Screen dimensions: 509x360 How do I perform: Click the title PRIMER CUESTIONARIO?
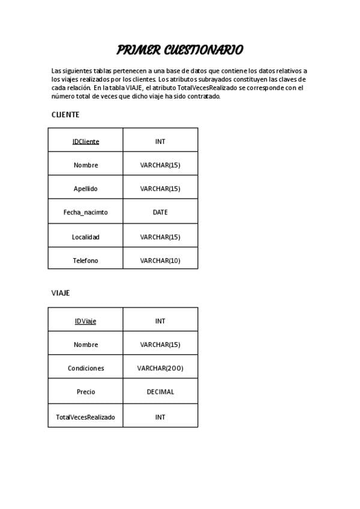(x=179, y=50)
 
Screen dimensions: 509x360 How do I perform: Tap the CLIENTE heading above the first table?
(x=65, y=115)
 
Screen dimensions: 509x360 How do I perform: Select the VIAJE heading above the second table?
(x=61, y=293)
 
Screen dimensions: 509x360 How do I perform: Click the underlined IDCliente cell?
(x=86, y=142)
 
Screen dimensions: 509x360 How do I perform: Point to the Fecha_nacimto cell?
(x=86, y=212)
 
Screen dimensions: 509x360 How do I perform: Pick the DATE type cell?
(x=160, y=212)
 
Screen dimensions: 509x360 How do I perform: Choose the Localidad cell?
(x=86, y=237)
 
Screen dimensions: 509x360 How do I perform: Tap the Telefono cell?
(x=86, y=261)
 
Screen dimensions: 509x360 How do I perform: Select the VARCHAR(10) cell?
(x=160, y=261)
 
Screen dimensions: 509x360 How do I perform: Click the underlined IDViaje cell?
(x=86, y=321)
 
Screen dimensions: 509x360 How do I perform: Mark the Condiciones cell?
(x=86, y=369)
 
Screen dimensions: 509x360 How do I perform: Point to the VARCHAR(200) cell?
(x=160, y=369)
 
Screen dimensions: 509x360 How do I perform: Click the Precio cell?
(x=86, y=392)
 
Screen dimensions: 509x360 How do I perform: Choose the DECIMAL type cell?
(x=160, y=392)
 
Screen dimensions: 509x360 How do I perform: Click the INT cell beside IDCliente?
(x=160, y=142)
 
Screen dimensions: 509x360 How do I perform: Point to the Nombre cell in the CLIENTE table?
(x=86, y=165)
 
